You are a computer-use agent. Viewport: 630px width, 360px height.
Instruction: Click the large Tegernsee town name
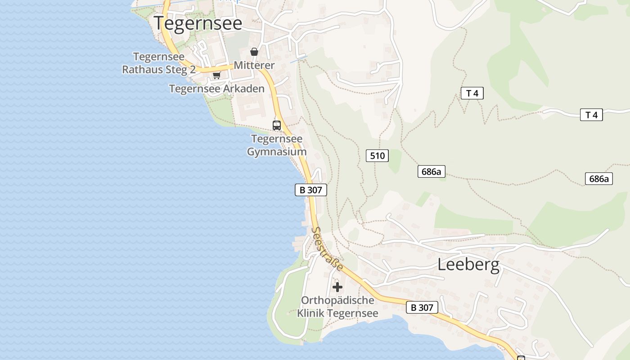pos(198,23)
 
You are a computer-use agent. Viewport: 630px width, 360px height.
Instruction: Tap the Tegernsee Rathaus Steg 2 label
pos(159,63)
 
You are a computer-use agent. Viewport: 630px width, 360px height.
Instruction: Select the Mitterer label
pos(254,65)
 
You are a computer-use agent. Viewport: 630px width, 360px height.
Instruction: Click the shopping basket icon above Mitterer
pos(254,52)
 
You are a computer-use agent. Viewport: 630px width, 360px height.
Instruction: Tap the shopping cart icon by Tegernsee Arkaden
pos(216,75)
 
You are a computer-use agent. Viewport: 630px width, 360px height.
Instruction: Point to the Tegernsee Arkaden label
pos(216,89)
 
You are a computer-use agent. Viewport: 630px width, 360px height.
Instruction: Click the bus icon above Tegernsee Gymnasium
pos(277,125)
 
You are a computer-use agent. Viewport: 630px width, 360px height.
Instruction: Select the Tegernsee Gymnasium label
pos(277,145)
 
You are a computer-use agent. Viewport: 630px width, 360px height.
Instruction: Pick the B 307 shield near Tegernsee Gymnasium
pos(310,190)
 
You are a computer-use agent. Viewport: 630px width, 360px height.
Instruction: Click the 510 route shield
pos(377,156)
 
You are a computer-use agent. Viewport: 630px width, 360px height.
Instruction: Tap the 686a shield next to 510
pos(431,171)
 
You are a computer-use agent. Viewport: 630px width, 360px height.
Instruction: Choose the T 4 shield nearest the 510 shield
pos(472,93)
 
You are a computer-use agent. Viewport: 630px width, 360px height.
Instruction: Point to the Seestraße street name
pos(327,249)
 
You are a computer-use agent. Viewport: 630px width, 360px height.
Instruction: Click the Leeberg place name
pos(468,265)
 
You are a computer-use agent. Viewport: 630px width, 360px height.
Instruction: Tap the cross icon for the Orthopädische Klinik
pos(337,287)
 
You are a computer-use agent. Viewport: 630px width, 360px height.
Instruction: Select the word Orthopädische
pos(337,300)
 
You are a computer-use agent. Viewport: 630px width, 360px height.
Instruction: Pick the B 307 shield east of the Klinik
pos(422,307)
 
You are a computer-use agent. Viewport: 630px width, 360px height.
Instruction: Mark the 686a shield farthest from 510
pos(599,179)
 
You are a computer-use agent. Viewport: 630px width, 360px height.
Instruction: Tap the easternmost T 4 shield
pos(591,115)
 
